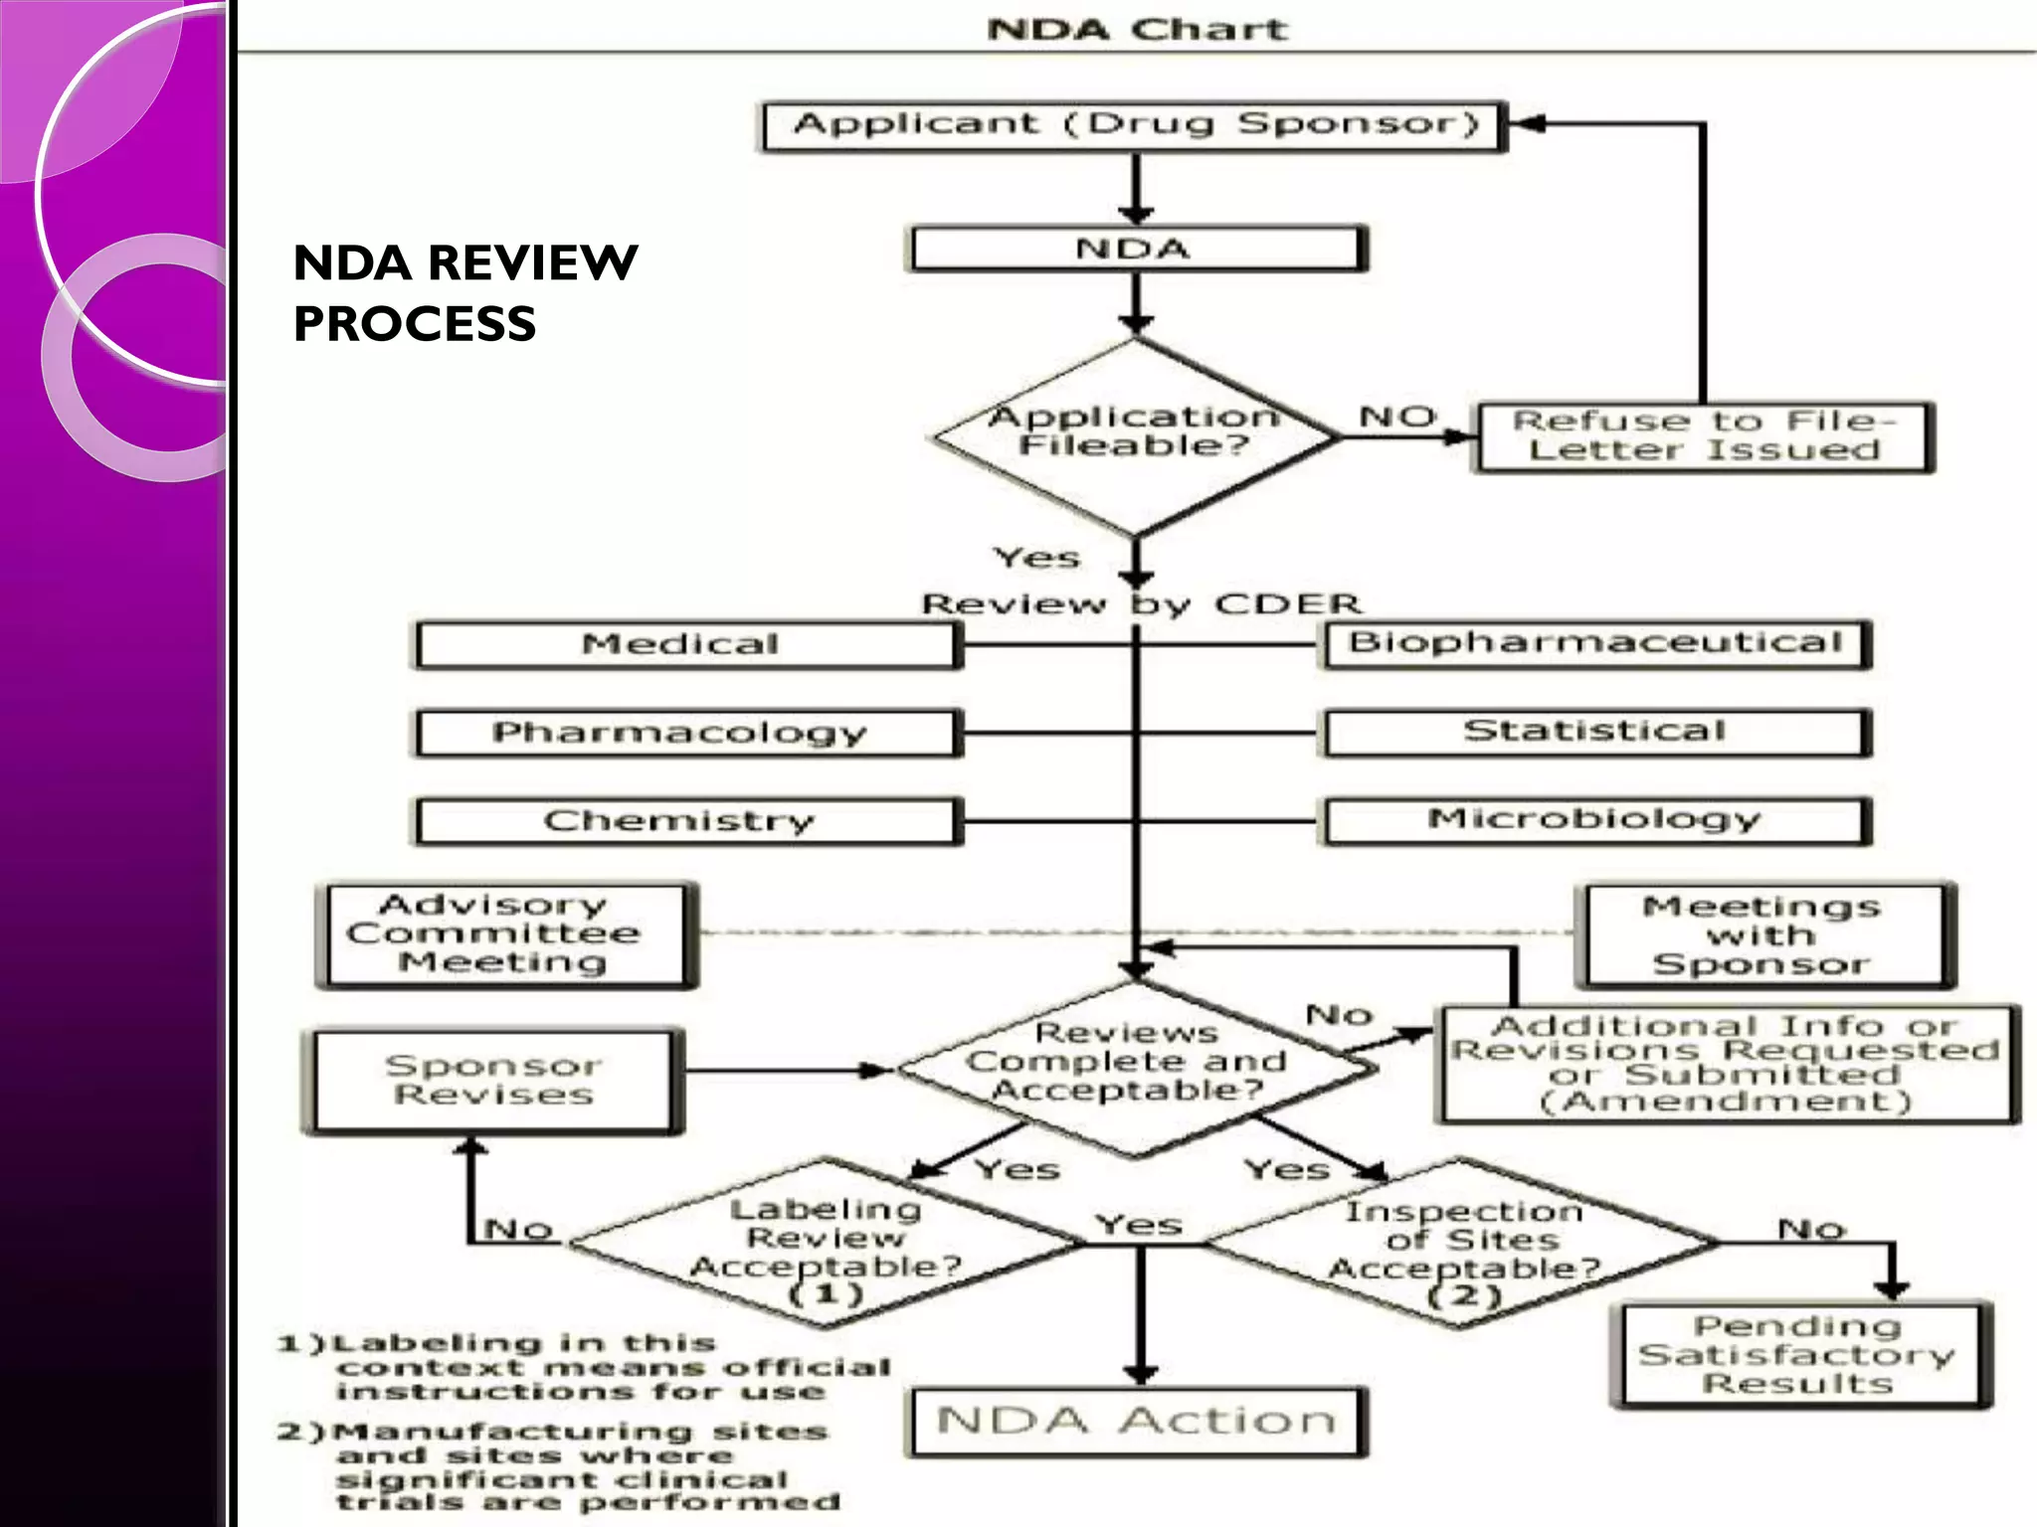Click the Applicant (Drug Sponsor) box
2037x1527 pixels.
(x=1134, y=126)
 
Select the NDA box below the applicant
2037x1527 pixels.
(x=1135, y=249)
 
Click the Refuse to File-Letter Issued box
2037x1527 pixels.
(x=1703, y=436)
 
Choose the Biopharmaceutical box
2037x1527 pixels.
(x=1595, y=644)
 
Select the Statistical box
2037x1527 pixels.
(x=1595, y=733)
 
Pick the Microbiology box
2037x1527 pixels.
(x=1595, y=821)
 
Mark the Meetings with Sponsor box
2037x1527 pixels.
(x=1763, y=935)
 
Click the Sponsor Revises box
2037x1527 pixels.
(x=493, y=1081)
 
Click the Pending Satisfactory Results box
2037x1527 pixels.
(x=1798, y=1355)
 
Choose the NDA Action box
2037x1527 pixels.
(x=1137, y=1422)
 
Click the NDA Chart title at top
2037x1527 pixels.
(x=1137, y=29)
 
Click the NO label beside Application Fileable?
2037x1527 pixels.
(x=1398, y=417)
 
